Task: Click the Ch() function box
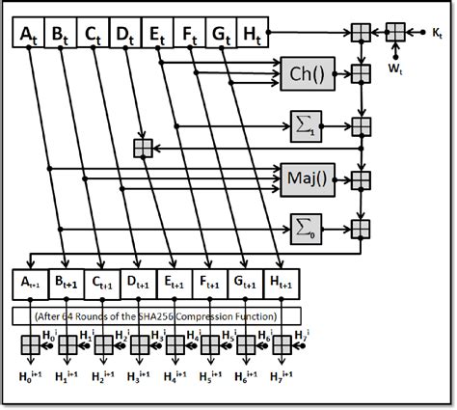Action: pyautogui.click(x=306, y=72)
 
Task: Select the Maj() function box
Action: pyautogui.click(x=306, y=178)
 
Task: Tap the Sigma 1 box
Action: pyautogui.click(x=306, y=123)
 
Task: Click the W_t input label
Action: pyautogui.click(x=394, y=69)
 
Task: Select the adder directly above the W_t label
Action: pyautogui.click(x=394, y=34)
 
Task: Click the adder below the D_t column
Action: pyautogui.click(x=143, y=147)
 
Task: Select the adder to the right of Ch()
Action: pyautogui.click(x=362, y=72)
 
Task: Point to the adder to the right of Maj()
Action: pyautogui.click(x=362, y=178)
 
